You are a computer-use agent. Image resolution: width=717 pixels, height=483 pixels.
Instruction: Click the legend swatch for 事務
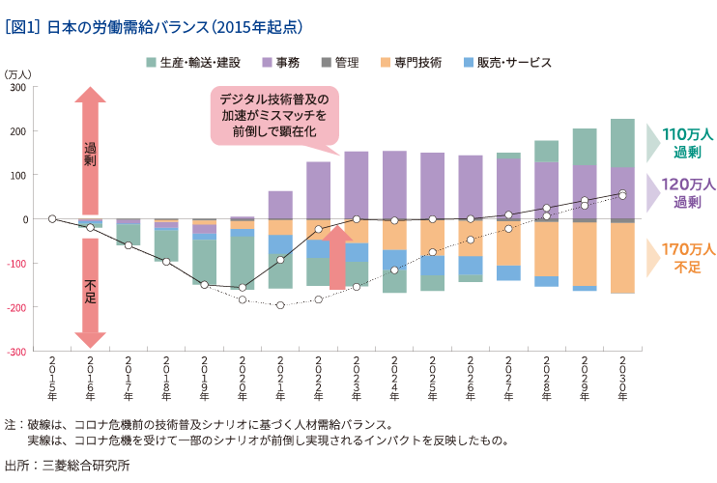(267, 63)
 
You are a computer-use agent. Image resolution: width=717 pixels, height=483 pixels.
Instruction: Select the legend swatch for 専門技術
(386, 63)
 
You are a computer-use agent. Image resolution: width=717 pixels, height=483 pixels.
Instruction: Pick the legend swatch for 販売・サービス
(469, 63)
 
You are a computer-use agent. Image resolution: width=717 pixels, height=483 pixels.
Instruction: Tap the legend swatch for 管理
(326, 63)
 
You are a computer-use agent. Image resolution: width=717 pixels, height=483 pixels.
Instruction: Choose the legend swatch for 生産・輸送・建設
(152, 63)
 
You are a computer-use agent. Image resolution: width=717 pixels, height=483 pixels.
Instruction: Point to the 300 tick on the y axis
(16, 87)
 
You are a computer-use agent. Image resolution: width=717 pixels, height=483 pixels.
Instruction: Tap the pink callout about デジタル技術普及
(274, 115)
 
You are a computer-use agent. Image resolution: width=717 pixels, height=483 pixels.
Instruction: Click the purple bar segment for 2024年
(394, 184)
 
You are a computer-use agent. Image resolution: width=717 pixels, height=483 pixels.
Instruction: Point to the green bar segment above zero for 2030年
(622, 143)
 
